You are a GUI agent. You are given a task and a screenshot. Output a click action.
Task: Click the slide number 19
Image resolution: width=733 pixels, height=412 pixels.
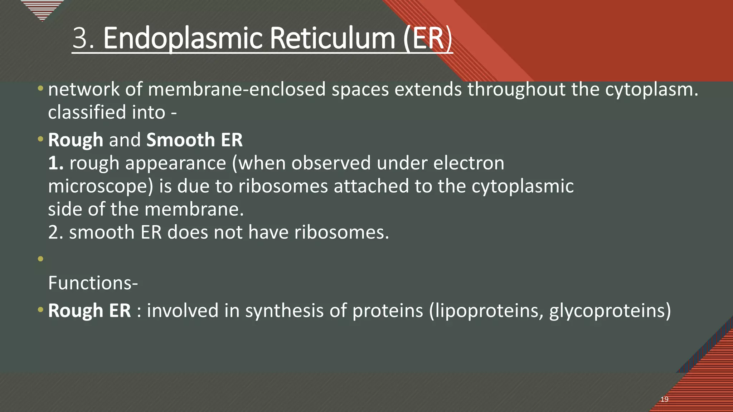point(664,399)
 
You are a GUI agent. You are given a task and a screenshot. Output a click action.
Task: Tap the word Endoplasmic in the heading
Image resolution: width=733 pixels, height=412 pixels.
point(184,39)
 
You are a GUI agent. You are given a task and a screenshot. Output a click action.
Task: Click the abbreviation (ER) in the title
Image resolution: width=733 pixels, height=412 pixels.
point(428,39)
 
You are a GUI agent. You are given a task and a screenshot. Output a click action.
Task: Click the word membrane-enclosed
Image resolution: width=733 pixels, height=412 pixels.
point(237,89)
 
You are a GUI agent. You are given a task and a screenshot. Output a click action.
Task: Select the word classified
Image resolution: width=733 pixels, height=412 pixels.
point(87,112)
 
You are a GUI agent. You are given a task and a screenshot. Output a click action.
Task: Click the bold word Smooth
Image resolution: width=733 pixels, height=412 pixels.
point(180,140)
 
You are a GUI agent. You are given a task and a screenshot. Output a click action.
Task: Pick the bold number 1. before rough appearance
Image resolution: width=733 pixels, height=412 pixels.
point(56,163)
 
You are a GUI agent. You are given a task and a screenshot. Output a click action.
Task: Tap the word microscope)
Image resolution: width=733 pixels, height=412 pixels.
point(101,187)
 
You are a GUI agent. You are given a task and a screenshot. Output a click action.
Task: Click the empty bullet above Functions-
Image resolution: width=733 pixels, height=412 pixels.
point(40,259)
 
